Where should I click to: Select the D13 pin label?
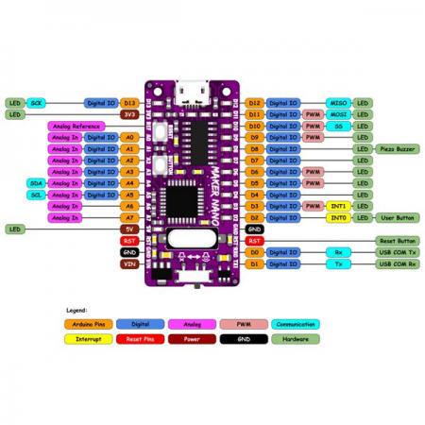tap(130, 101)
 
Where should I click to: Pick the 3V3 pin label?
tap(130, 113)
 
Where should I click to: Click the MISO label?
tap(338, 101)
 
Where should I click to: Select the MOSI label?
tap(338, 113)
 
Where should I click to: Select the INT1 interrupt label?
tap(338, 206)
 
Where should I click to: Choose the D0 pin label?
tap(254, 253)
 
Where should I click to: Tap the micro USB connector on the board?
tap(193, 95)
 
